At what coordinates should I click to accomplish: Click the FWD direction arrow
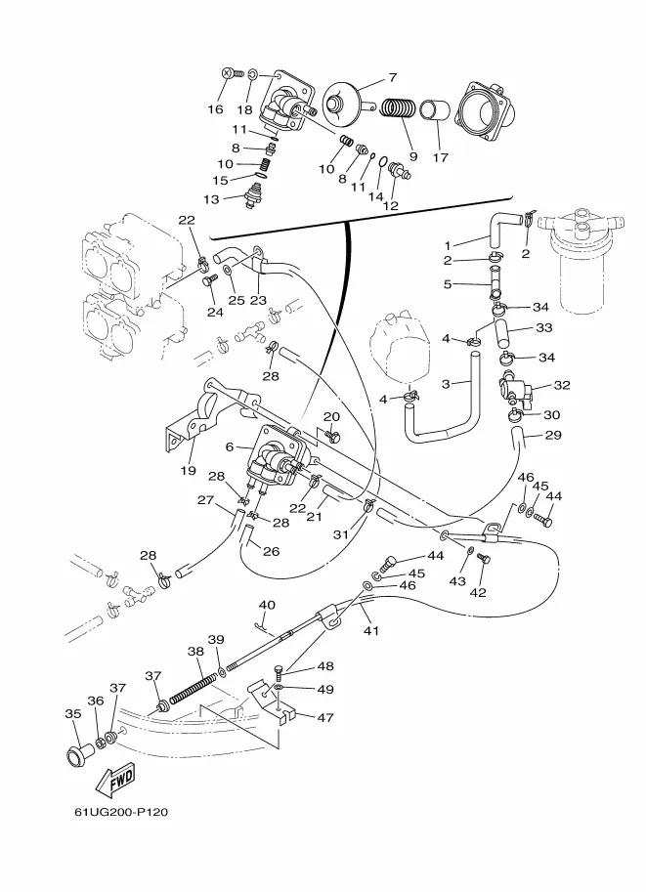click(x=115, y=779)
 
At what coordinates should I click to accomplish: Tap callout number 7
click(x=392, y=76)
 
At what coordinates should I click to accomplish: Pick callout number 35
click(x=73, y=714)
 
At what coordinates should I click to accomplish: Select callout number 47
click(x=323, y=717)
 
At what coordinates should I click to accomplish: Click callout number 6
click(x=230, y=446)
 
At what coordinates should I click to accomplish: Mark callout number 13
click(x=212, y=199)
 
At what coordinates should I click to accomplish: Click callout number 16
click(x=214, y=109)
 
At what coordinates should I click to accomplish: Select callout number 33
click(x=544, y=328)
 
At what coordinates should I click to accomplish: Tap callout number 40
click(x=267, y=606)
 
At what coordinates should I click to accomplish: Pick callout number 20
click(x=331, y=416)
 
